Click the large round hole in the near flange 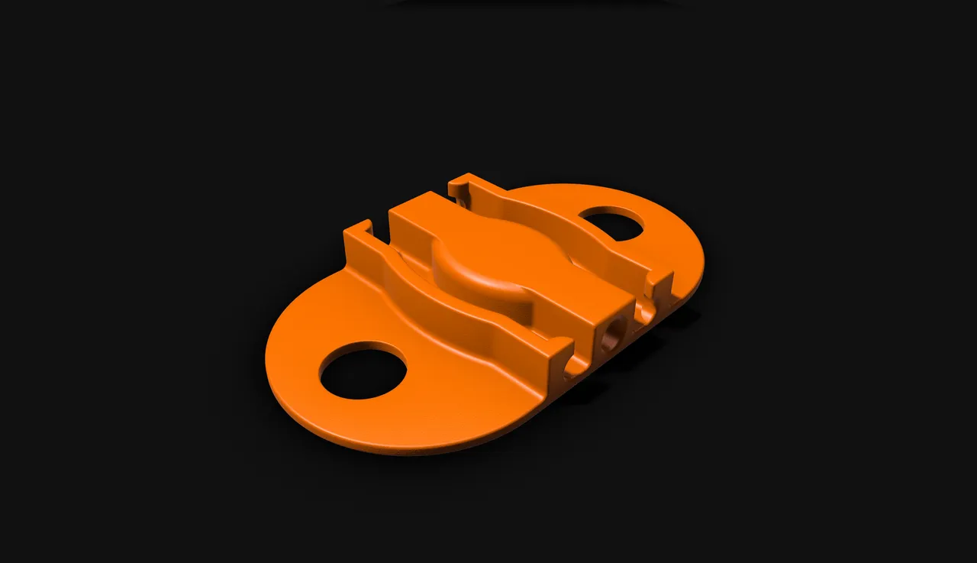tap(363, 370)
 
